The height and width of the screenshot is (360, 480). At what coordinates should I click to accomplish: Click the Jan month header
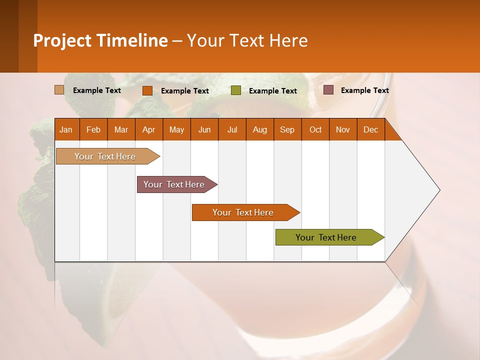tap(66, 129)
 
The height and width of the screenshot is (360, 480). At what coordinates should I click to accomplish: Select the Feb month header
tap(93, 129)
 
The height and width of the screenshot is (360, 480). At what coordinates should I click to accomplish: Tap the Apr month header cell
tap(149, 129)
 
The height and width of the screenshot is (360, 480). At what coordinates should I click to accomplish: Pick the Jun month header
tap(204, 129)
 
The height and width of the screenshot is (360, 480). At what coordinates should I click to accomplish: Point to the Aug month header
tap(260, 129)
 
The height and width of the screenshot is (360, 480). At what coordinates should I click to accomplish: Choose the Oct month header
tap(315, 129)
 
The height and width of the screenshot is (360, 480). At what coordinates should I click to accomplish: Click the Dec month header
tap(371, 129)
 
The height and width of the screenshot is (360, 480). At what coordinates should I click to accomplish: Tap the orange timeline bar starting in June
tap(243, 212)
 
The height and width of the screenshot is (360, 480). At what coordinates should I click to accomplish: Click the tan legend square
tap(59, 90)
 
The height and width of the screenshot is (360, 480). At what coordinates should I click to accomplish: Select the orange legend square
tap(147, 90)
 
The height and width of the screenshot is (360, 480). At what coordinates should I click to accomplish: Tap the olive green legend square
tap(236, 90)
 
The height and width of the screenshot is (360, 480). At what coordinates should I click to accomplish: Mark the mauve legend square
tap(328, 90)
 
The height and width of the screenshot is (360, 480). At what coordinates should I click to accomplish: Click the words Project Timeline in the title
tap(100, 40)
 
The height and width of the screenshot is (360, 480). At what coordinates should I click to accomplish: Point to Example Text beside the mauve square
tap(364, 90)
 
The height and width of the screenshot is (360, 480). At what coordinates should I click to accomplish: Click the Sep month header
tap(287, 129)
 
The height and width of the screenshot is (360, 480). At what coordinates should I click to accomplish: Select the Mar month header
tap(121, 129)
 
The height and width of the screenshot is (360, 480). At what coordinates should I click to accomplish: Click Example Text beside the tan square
tap(97, 90)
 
